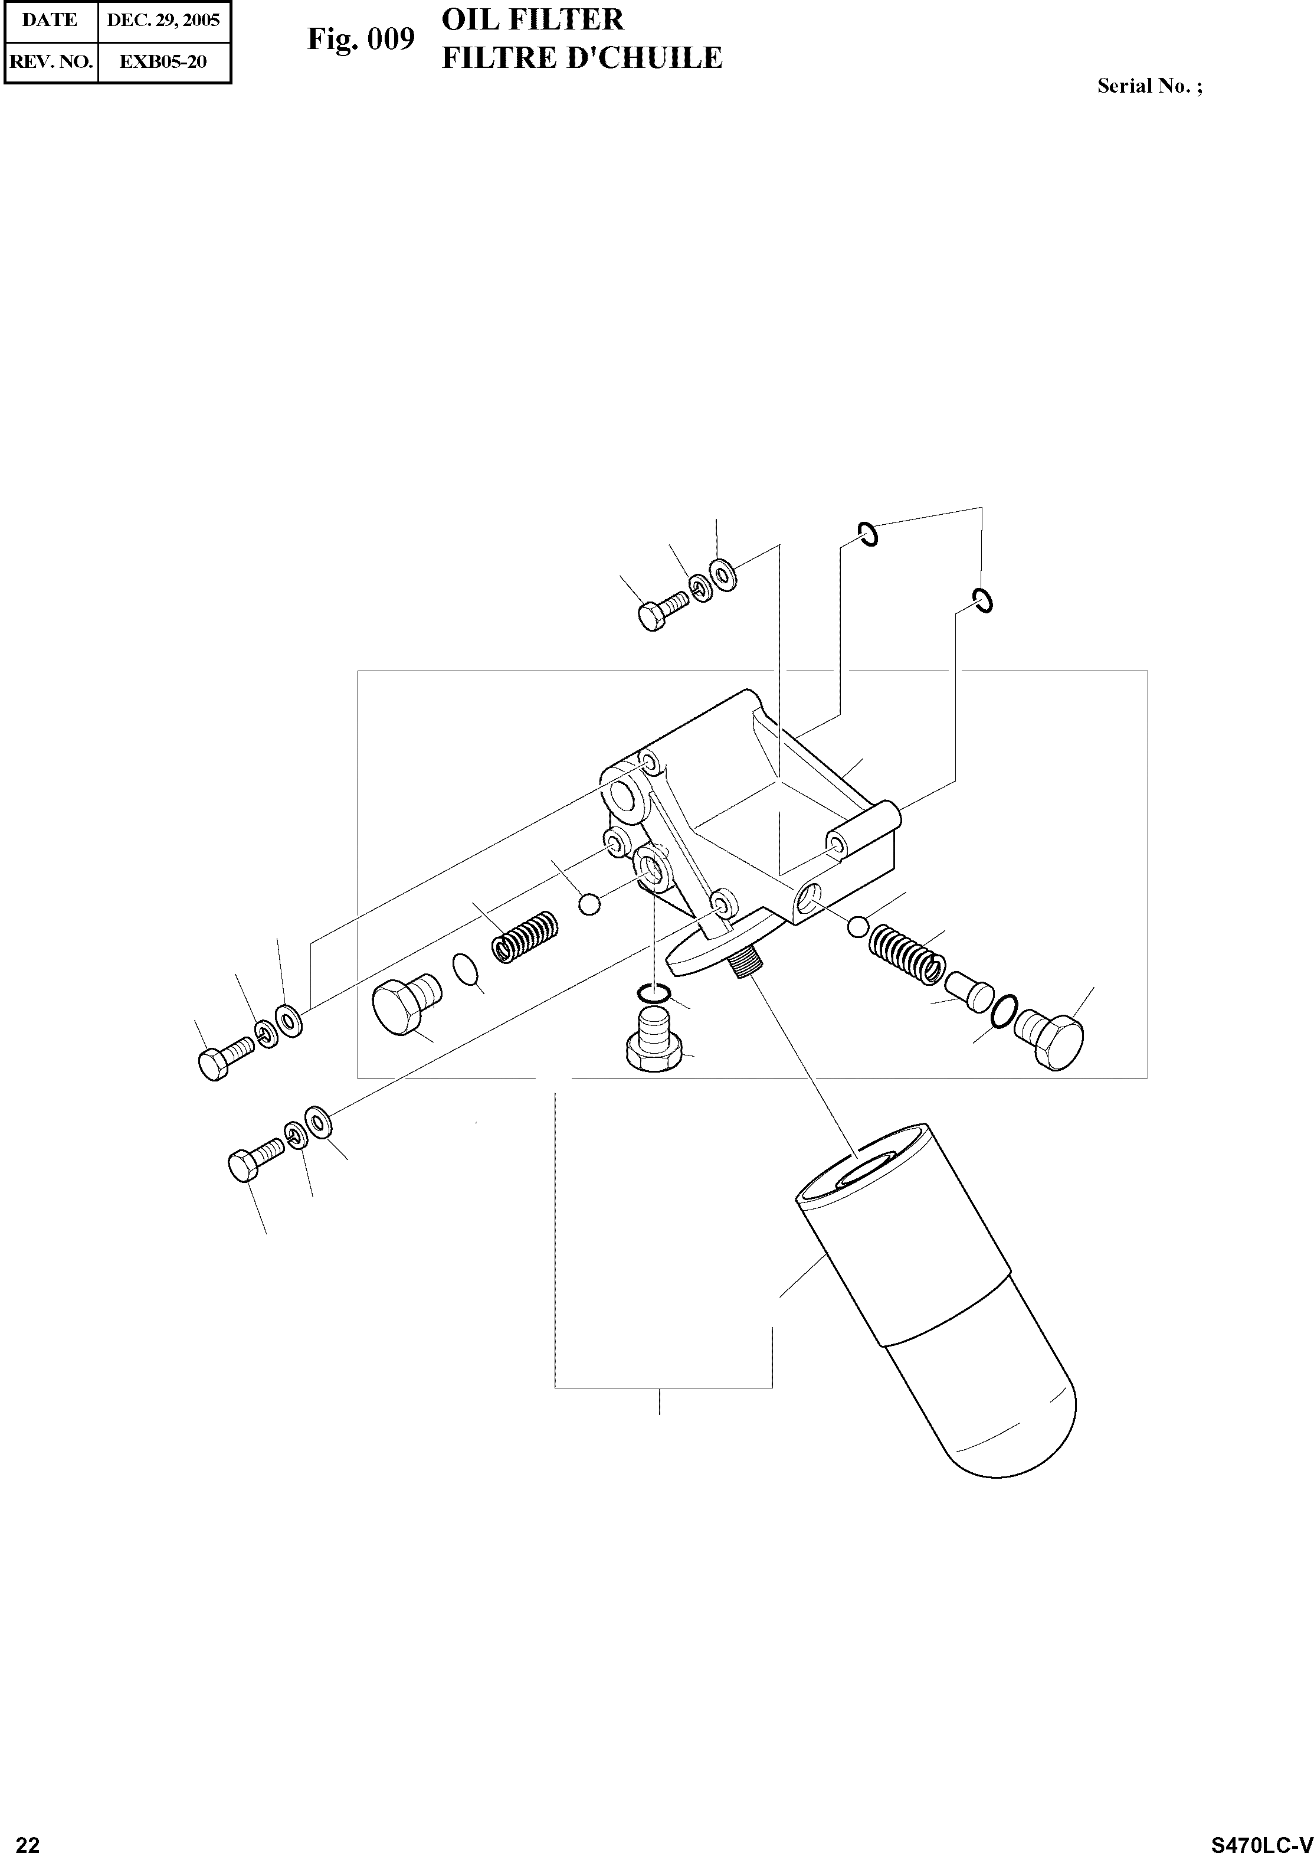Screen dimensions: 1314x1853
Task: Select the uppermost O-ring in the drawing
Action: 867,534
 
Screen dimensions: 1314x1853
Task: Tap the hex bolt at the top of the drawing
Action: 661,613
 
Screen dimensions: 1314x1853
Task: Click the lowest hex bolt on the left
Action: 254,1162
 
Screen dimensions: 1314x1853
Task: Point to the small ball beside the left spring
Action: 590,903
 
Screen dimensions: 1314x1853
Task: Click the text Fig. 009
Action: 361,39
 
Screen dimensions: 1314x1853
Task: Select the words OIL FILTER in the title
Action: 532,19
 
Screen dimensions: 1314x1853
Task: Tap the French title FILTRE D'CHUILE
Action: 581,58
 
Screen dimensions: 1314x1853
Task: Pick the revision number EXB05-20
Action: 163,61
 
